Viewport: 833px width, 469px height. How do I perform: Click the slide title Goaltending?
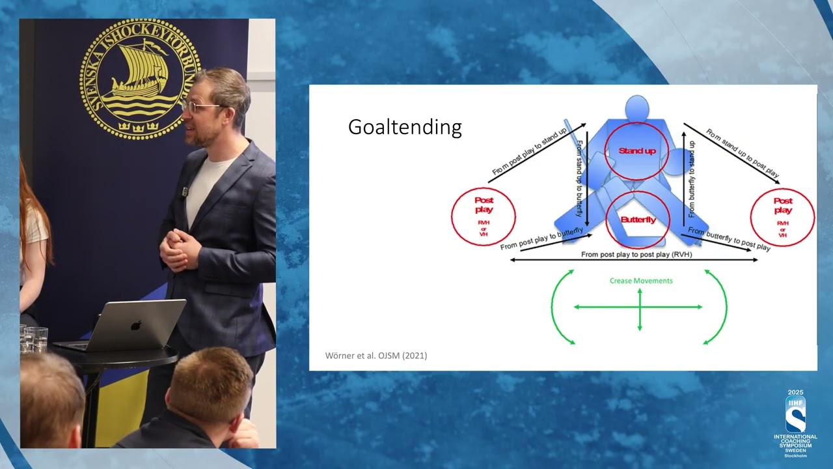[405, 126]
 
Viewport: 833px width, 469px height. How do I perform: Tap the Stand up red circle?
[636, 150]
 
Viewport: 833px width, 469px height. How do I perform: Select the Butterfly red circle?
[638, 220]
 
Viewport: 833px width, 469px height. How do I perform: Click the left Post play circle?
[484, 216]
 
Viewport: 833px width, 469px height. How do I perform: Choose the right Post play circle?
[782, 216]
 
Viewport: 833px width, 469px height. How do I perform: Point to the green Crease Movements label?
[641, 281]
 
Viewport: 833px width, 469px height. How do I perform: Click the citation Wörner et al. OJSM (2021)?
[376, 356]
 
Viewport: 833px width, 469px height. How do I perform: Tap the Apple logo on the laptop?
[136, 324]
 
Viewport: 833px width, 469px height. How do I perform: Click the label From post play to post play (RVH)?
[636, 255]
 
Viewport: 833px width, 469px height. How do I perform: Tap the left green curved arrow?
[561, 306]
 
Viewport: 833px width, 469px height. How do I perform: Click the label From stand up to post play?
[742, 154]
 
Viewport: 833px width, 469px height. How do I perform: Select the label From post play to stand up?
[529, 152]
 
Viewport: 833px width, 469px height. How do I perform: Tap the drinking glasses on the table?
[33, 339]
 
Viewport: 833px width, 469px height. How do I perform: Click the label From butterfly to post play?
[729, 239]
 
